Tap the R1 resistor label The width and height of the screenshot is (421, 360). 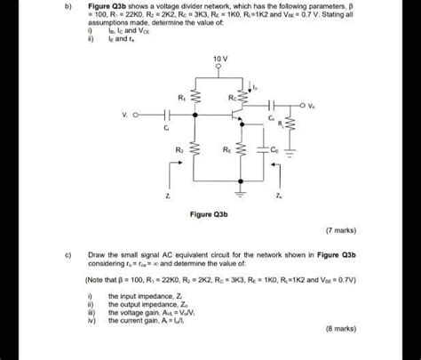tap(182, 96)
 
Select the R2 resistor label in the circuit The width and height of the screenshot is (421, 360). tap(180, 151)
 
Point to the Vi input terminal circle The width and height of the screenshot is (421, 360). tap(143, 116)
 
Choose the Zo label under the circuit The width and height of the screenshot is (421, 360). tap(279, 195)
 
